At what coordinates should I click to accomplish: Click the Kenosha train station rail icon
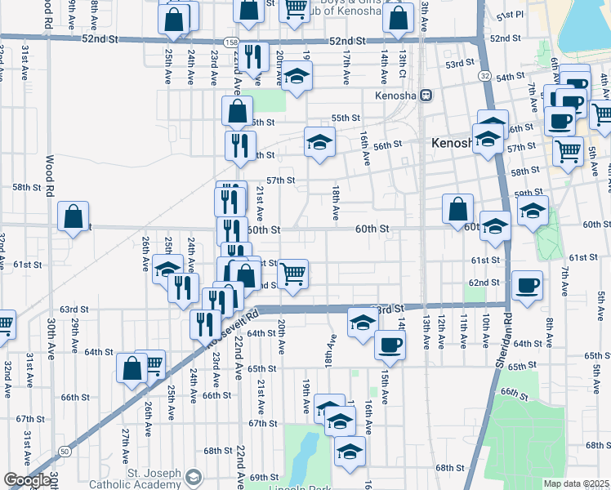pyautogui.click(x=426, y=95)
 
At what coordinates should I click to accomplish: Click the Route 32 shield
pyautogui.click(x=484, y=76)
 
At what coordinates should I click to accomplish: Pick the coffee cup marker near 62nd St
pyautogui.click(x=527, y=287)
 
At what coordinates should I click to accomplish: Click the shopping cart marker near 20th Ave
pyautogui.click(x=292, y=274)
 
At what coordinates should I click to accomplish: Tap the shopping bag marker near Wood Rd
pyautogui.click(x=74, y=217)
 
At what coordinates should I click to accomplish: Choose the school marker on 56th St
pyautogui.click(x=320, y=142)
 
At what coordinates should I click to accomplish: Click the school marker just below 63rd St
pyautogui.click(x=363, y=323)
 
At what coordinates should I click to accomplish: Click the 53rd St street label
pyautogui.click(x=460, y=64)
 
